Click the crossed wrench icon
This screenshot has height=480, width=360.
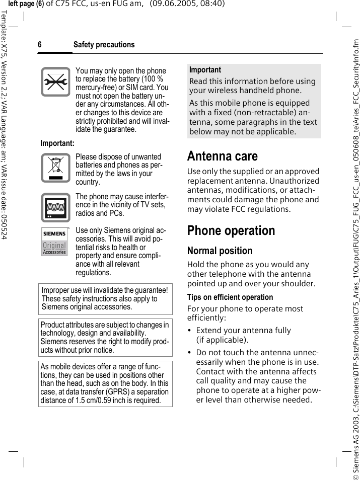click(55, 82)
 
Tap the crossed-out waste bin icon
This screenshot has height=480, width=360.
click(55, 168)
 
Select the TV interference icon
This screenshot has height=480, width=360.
click(55, 208)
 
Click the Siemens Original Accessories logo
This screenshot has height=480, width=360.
click(54, 242)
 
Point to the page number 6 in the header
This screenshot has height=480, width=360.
click(40, 45)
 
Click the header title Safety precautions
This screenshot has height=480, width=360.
click(104, 45)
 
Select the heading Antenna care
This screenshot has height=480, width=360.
click(222, 156)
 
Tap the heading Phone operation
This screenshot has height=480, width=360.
click(231, 231)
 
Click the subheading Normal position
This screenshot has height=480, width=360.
click(220, 251)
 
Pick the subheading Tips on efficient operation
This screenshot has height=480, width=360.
click(230, 297)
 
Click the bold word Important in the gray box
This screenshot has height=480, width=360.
click(205, 70)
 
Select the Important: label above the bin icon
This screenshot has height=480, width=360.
click(57, 143)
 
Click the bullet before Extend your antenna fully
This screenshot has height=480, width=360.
click(189, 331)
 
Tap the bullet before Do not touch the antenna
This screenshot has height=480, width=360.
click(189, 353)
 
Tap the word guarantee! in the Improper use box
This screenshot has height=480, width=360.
click(149, 290)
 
